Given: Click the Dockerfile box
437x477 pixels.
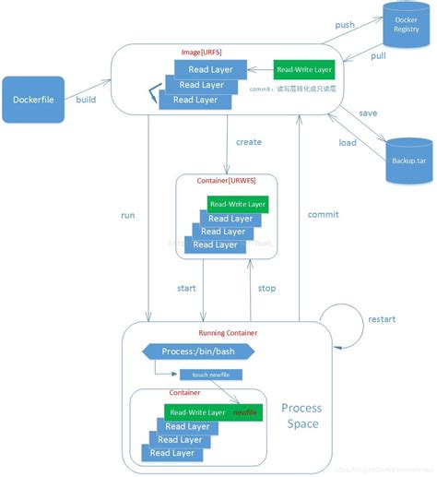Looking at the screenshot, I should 37,100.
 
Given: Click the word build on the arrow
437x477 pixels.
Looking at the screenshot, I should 86,99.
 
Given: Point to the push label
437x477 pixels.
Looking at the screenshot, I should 345,25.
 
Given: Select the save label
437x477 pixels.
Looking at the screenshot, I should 368,113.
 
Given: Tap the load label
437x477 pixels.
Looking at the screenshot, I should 348,143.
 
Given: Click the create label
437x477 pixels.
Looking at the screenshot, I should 248,142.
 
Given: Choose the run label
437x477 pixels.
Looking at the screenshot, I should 127,215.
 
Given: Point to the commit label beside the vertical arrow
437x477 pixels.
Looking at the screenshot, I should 323,214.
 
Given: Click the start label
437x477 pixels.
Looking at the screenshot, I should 186,288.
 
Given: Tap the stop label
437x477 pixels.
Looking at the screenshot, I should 266,288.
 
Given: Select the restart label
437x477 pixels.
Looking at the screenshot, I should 382,319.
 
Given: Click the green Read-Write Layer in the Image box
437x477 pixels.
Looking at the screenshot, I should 304,69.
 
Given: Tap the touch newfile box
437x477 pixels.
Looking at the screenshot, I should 210,375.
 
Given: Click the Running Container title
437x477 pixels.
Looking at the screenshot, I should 228,332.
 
